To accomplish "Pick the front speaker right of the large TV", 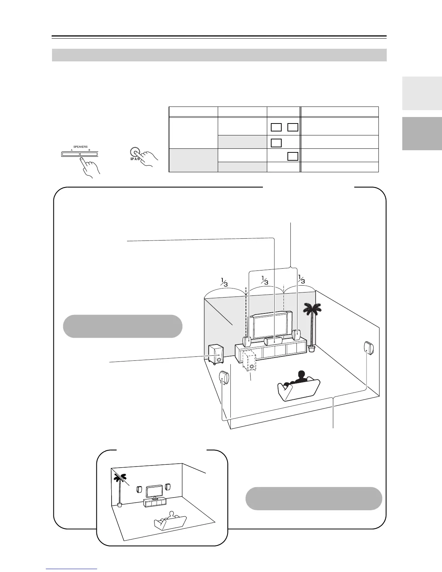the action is coord(296,335).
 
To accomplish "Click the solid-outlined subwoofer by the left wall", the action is coord(216,355).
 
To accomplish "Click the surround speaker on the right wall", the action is coord(369,348).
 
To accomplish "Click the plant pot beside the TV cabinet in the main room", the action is coord(312,349).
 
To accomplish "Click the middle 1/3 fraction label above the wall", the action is coord(265,281).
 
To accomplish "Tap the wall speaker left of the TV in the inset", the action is coord(139,490).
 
